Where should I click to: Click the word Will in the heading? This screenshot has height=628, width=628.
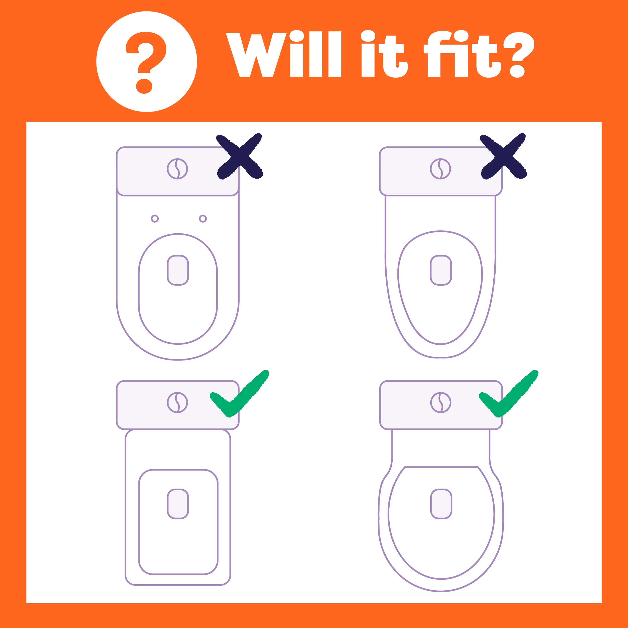tap(283, 54)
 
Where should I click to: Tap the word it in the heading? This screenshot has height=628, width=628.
tap(384, 54)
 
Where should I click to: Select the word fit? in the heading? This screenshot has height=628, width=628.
tap(479, 54)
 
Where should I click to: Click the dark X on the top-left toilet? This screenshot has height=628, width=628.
tap(240, 156)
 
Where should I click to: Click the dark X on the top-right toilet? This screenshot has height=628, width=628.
tap(503, 156)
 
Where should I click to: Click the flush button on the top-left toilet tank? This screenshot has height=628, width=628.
tap(178, 169)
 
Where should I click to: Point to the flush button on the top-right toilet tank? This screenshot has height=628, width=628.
tap(440, 169)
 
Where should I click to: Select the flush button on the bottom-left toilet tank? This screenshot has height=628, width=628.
tap(178, 402)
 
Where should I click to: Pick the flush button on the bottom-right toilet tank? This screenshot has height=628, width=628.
tap(441, 402)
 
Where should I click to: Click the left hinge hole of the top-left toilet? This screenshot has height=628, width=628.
tap(155, 219)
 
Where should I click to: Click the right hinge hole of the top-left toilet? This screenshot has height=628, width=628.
tap(203, 219)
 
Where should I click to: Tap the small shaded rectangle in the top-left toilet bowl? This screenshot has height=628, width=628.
tap(178, 270)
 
